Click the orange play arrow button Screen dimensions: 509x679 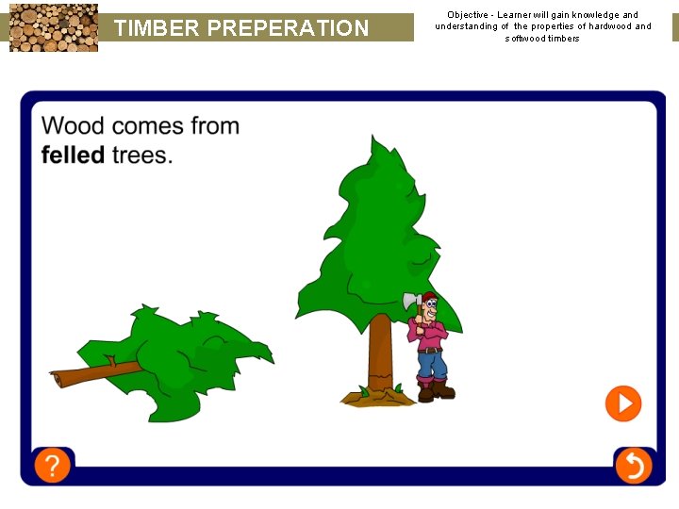click(x=622, y=403)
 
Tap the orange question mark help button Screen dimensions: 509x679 click(x=53, y=466)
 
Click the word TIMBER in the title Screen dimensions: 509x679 click(x=157, y=28)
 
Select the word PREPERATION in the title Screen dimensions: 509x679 click(x=288, y=28)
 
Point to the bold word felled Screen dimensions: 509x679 click(x=73, y=155)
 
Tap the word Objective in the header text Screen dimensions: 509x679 click(x=469, y=15)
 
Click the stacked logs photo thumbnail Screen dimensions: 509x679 click(x=54, y=26)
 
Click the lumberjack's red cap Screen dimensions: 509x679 click(x=430, y=298)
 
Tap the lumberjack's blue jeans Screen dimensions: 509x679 click(x=431, y=363)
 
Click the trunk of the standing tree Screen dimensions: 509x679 click(x=379, y=353)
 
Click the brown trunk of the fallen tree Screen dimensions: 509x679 click(x=85, y=375)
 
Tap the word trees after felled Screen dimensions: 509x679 click(x=142, y=155)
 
